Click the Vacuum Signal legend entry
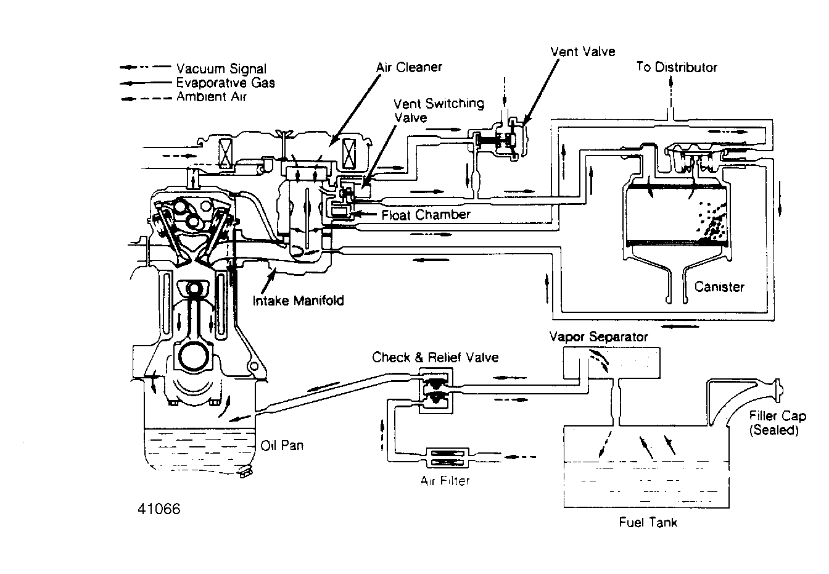221,69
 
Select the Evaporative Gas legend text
225,83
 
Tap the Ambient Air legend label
211,97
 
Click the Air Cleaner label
409,67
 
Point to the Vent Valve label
582,51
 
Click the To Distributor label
677,67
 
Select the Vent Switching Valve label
439,110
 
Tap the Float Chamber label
426,215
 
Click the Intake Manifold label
299,301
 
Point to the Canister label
719,286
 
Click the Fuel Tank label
648,522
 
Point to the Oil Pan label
282,445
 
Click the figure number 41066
159,510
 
